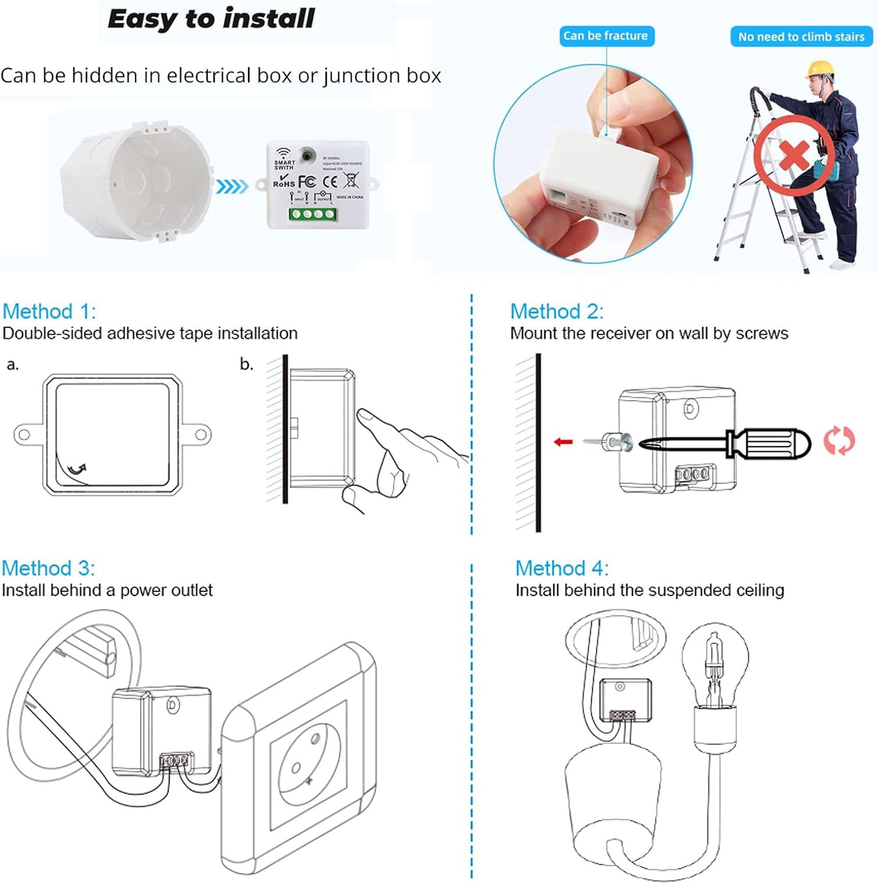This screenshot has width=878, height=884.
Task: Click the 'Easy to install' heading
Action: click(x=211, y=19)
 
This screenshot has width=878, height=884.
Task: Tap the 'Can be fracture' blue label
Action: click(x=605, y=36)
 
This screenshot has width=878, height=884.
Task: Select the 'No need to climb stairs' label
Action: click(x=801, y=37)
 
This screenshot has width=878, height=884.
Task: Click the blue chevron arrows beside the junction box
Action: click(x=232, y=187)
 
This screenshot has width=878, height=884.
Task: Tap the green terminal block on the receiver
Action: click(x=313, y=214)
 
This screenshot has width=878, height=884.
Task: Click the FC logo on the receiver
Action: click(x=307, y=182)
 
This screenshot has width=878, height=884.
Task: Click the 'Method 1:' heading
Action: click(x=49, y=311)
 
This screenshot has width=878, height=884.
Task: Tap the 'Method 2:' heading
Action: click(x=557, y=311)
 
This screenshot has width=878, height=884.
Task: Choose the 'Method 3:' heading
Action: click(x=48, y=568)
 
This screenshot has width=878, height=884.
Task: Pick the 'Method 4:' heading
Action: click(x=561, y=568)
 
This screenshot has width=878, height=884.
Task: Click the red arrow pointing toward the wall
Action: click(x=563, y=441)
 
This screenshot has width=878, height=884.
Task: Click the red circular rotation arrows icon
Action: click(x=838, y=441)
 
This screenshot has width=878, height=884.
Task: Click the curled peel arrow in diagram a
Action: click(x=77, y=469)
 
